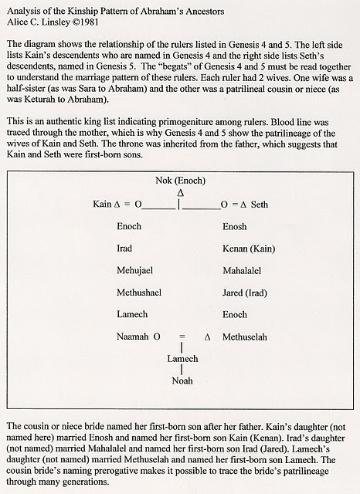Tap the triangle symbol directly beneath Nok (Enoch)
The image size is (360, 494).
click(180, 191)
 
